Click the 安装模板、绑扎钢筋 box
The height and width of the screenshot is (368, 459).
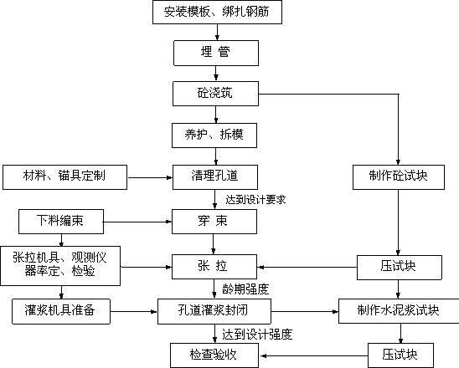tap(217, 12)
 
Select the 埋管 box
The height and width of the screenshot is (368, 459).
tap(216, 53)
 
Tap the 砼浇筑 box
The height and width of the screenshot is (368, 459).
tap(216, 94)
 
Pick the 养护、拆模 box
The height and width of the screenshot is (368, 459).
tap(214, 135)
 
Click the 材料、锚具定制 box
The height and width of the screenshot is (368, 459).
tap(65, 177)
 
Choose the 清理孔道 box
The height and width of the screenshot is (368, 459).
tap(215, 177)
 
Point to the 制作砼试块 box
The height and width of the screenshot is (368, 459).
tap(399, 177)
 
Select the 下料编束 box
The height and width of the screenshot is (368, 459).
tap(61, 222)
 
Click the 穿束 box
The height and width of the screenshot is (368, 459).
tap(214, 222)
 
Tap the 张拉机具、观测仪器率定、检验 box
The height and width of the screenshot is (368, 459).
tap(60, 266)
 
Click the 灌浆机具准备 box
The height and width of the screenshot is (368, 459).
tap(61, 311)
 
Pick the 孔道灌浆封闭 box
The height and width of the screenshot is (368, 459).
tap(214, 311)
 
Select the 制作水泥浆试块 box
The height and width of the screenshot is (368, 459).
tap(399, 311)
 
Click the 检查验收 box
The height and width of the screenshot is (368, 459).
tap(214, 355)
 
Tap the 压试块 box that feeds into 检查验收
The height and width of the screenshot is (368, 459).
tap(400, 355)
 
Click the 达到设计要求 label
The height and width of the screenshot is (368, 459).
tap(255, 200)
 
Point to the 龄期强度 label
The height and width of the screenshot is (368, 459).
tap(245, 289)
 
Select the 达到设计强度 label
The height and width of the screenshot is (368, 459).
tap(257, 335)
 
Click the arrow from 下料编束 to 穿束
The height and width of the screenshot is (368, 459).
tap(137, 222)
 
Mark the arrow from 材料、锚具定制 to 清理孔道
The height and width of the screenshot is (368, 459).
tap(151, 177)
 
